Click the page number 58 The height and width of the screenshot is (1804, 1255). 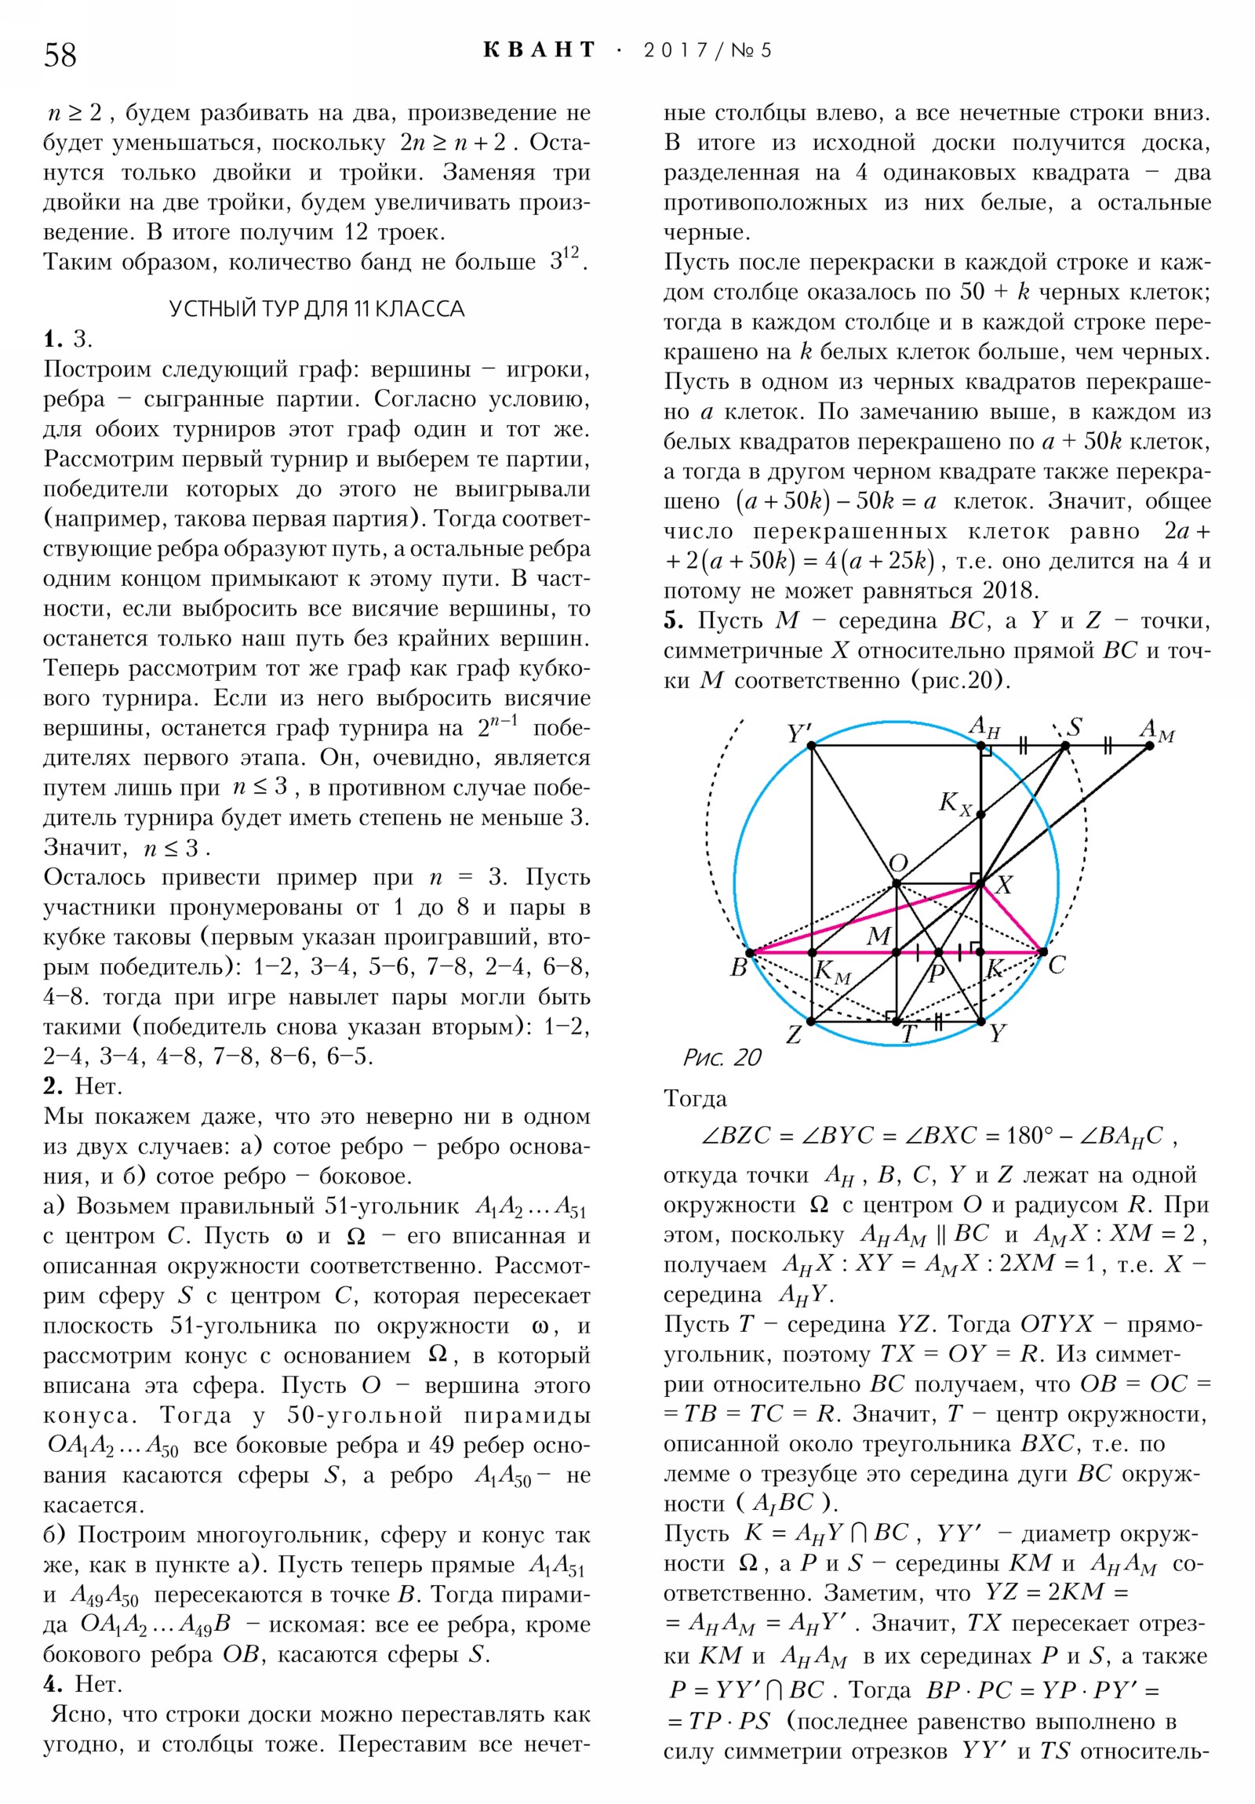(60, 55)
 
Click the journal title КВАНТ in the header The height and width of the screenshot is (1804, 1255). (539, 50)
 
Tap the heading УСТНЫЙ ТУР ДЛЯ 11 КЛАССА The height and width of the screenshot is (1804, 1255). (317, 309)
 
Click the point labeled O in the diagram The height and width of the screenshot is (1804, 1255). (896, 885)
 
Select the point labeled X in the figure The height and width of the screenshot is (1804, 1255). (980, 885)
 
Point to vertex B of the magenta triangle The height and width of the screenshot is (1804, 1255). (750, 952)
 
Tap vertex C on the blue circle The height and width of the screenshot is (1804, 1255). (1042, 952)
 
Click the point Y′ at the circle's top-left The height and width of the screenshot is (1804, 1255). (812, 746)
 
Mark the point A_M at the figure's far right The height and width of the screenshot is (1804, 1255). (1149, 746)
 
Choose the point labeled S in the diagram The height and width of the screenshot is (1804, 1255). (1065, 746)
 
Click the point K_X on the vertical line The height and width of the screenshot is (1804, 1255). (980, 815)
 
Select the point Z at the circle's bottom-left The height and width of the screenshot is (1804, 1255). (812, 1021)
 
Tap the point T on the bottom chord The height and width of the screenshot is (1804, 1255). (896, 1021)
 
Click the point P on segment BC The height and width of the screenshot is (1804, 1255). (937, 952)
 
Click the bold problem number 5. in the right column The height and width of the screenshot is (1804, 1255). (673, 620)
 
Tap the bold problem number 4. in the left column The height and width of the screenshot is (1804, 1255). (54, 1685)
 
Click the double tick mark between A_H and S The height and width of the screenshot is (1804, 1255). (1022, 746)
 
